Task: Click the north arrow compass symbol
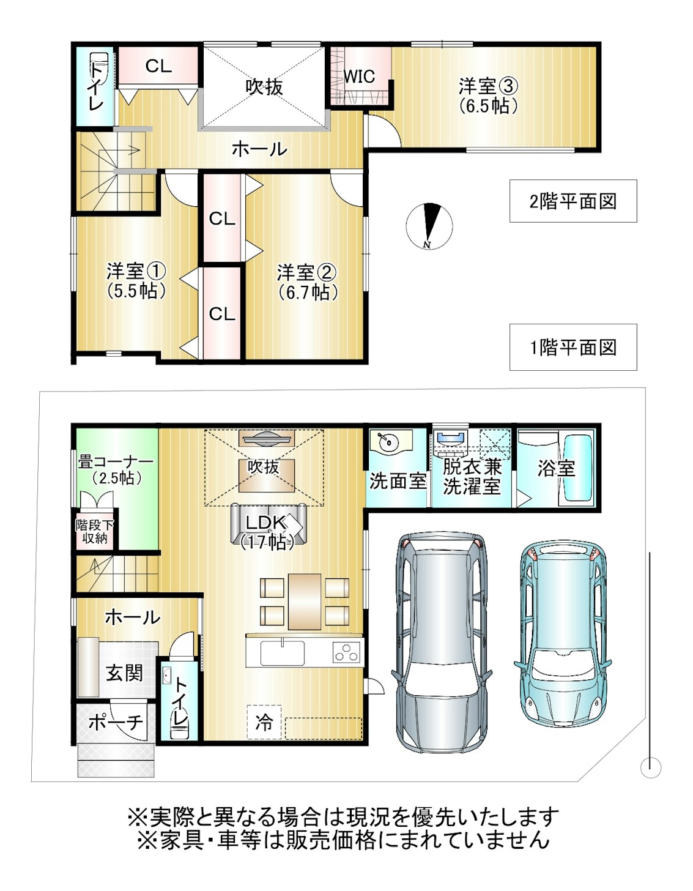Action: coord(429,226)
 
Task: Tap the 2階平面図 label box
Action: coord(573,201)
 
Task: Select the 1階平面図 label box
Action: coord(573,348)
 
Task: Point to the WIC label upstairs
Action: coord(360,77)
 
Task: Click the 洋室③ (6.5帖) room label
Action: coord(489,95)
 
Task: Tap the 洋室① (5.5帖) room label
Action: coord(136,280)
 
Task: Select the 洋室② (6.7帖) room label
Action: coord(307,281)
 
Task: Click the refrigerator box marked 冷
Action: coord(264,723)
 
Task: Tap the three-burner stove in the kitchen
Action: coord(346,653)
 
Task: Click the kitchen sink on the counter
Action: coord(283,653)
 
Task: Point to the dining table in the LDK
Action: coord(305,601)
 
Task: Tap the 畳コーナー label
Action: coord(115,469)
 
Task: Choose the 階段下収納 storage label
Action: coord(95,531)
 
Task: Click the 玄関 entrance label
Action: coord(124,673)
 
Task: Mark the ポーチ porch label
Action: coord(116,723)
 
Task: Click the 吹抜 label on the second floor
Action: coord(264,87)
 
